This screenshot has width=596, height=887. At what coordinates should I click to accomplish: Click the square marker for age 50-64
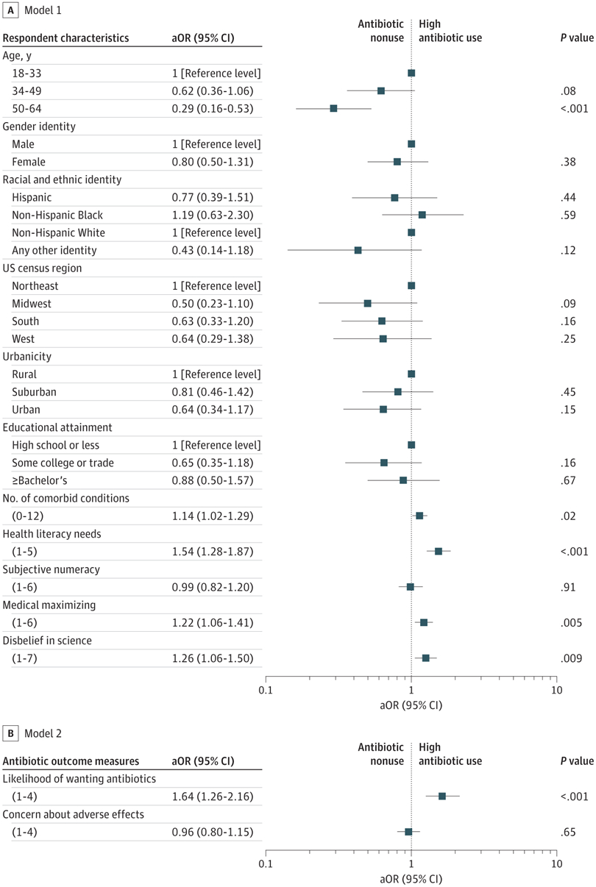pyautogui.click(x=333, y=108)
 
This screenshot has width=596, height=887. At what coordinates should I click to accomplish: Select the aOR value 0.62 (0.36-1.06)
pyautogui.click(x=211, y=90)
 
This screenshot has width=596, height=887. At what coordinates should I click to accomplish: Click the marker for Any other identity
pyautogui.click(x=358, y=250)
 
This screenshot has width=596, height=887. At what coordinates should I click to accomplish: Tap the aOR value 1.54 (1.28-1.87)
pyautogui.click(x=211, y=552)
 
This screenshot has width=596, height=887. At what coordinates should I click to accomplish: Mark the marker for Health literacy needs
pyautogui.click(x=439, y=552)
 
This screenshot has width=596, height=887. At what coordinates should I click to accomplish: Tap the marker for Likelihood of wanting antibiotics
pyautogui.click(x=442, y=797)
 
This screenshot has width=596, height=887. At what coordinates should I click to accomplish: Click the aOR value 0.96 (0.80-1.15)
pyautogui.click(x=211, y=832)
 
